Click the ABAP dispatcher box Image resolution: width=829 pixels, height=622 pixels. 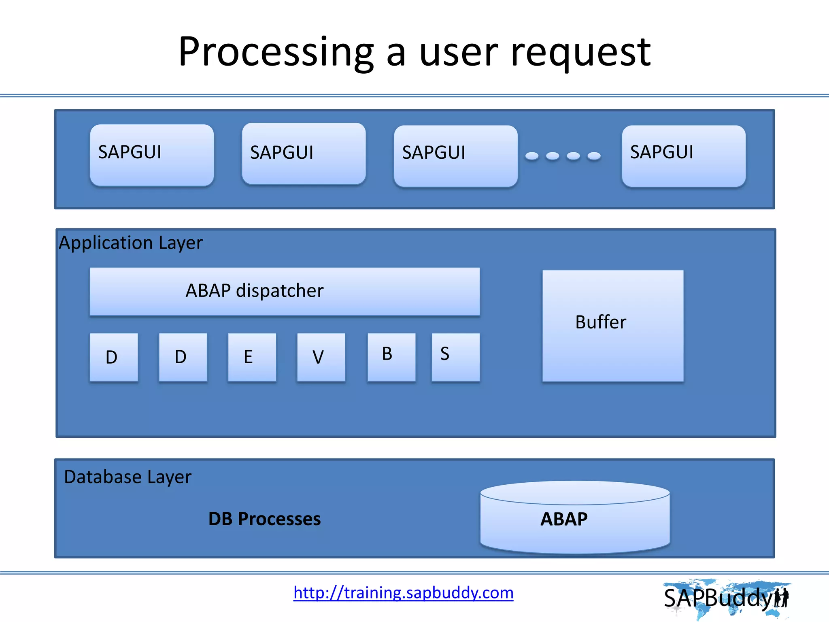tap(285, 291)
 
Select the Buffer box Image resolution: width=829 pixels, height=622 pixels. tap(612, 326)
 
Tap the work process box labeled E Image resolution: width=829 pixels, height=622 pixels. tap(252, 357)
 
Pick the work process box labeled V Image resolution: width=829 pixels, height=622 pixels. tap(321, 357)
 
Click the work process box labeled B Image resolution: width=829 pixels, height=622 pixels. tap(391, 357)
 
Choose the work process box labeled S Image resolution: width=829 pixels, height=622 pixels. tap(455, 357)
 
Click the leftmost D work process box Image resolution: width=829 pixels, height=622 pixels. tap(114, 357)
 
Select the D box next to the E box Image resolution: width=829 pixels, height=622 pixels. tap(183, 357)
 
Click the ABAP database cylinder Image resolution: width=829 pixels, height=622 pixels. tap(575, 518)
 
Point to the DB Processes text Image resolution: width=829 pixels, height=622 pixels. tap(264, 519)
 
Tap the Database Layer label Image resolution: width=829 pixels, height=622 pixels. tap(128, 477)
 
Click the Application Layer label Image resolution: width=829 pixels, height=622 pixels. tap(130, 243)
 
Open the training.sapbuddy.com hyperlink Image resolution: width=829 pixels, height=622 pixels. tap(403, 593)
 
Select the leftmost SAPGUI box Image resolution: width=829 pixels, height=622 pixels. tap(152, 155)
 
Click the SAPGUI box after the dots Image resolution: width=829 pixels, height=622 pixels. tap(683, 156)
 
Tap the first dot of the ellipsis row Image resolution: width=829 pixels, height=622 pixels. tap(532, 156)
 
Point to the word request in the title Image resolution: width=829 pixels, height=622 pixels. tap(580, 53)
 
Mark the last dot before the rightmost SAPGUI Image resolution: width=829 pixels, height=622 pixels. tap(594, 156)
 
